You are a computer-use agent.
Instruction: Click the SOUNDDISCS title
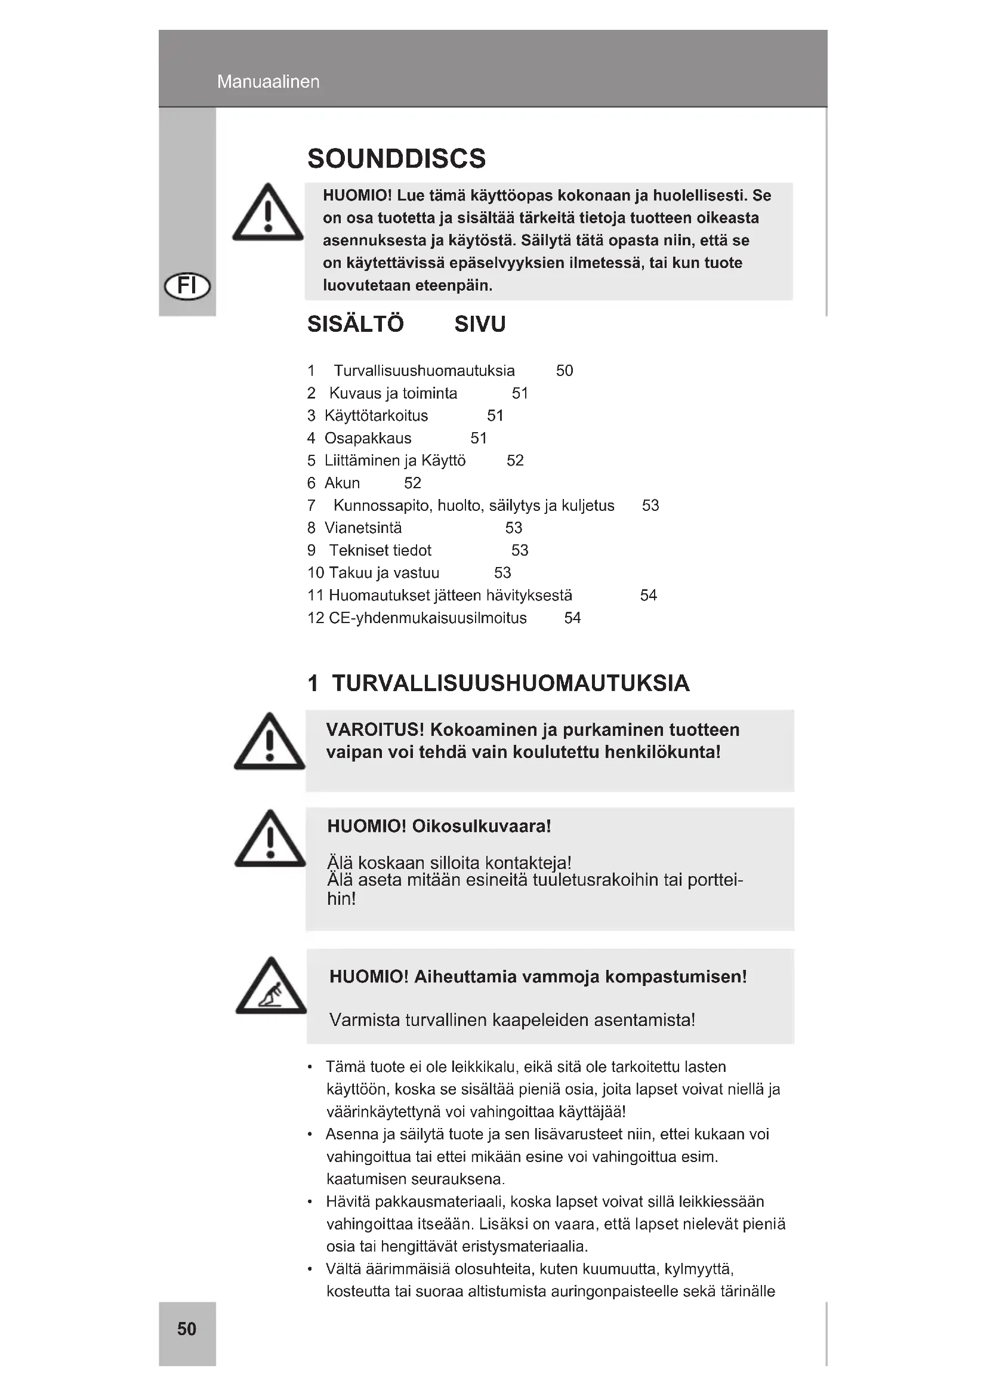396,159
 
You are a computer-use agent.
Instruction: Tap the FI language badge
187,285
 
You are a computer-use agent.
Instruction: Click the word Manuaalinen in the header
268,82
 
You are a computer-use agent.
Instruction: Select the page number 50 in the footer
187,1329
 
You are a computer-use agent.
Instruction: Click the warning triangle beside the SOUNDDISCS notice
268,213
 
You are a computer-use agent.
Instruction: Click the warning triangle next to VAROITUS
269,742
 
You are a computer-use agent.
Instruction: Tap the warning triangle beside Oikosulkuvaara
270,839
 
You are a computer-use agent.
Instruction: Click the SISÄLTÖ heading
356,324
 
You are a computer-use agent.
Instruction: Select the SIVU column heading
480,324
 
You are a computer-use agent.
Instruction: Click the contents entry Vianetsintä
363,528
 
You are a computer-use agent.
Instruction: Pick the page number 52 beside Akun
412,483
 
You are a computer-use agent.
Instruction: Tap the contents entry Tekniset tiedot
380,550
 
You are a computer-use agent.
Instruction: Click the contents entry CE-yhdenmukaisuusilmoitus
427,618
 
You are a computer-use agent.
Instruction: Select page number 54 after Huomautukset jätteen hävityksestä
648,595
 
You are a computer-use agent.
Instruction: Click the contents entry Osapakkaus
368,437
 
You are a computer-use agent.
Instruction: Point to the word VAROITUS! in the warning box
375,729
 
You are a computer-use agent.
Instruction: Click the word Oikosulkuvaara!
482,826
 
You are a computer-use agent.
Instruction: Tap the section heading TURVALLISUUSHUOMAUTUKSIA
511,683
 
